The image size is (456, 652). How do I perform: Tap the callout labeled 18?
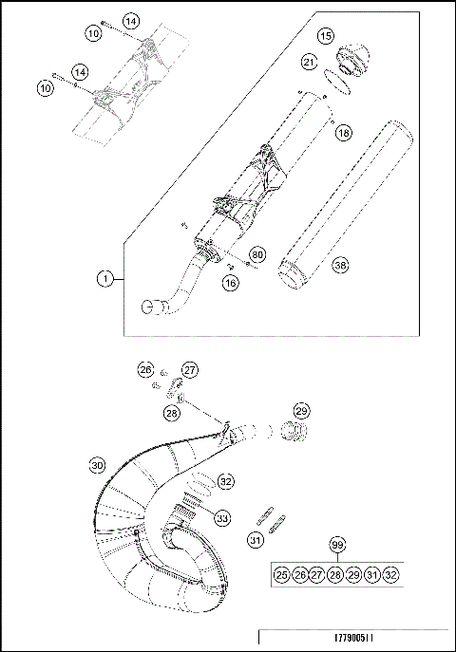point(343,133)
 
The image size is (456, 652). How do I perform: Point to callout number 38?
point(339,266)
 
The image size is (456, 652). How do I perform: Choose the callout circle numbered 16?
point(230,282)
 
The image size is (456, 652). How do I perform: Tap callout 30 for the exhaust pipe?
point(97,465)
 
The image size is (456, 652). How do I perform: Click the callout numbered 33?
point(221,518)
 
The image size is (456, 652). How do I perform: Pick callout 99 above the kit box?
point(336,545)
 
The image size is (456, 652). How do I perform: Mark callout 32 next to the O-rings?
point(225,481)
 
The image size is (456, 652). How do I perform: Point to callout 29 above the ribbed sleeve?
point(301,410)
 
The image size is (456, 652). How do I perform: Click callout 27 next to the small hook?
point(189,369)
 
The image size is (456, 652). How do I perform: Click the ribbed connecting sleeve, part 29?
point(295,433)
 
